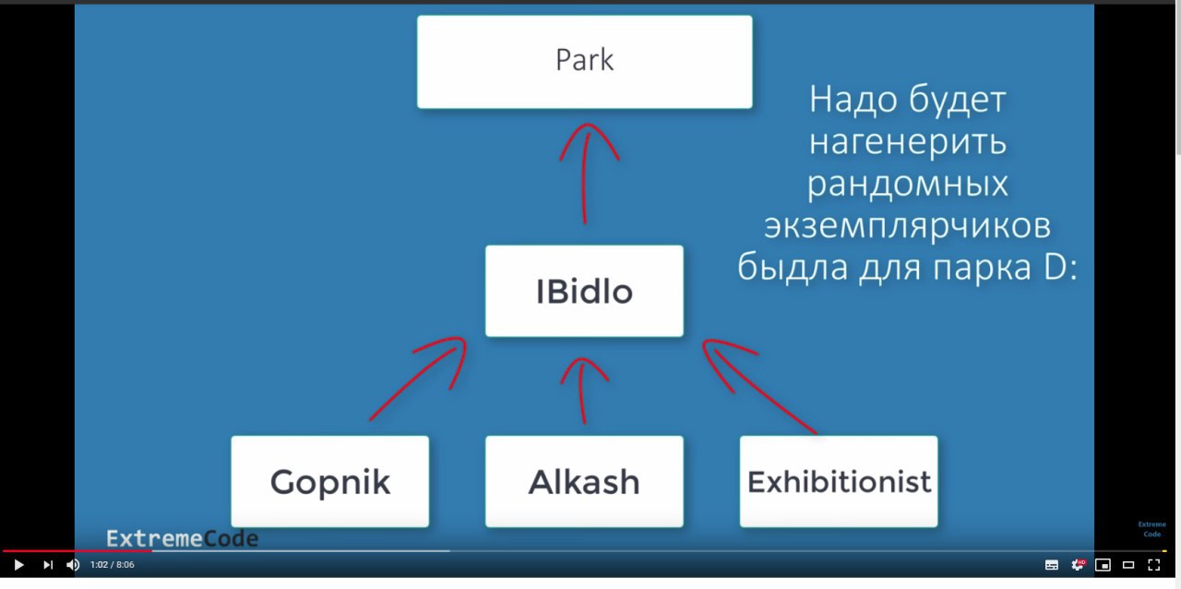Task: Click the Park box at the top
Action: [x=585, y=62]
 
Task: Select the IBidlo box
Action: [x=584, y=291]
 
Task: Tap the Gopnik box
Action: [x=330, y=481]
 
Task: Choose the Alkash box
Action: [x=584, y=481]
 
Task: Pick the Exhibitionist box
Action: [x=839, y=481]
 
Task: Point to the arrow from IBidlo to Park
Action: [x=585, y=174]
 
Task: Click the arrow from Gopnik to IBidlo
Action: [x=416, y=378]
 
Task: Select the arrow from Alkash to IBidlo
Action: [x=581, y=391]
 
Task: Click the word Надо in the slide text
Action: [x=853, y=100]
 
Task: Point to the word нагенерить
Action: [x=907, y=142]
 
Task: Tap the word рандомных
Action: [x=907, y=185]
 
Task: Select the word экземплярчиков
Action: [x=907, y=226]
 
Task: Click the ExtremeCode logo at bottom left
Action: [x=183, y=539]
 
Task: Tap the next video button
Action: [x=47, y=565]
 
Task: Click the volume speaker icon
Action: [x=73, y=565]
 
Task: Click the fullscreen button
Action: [x=1153, y=565]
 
